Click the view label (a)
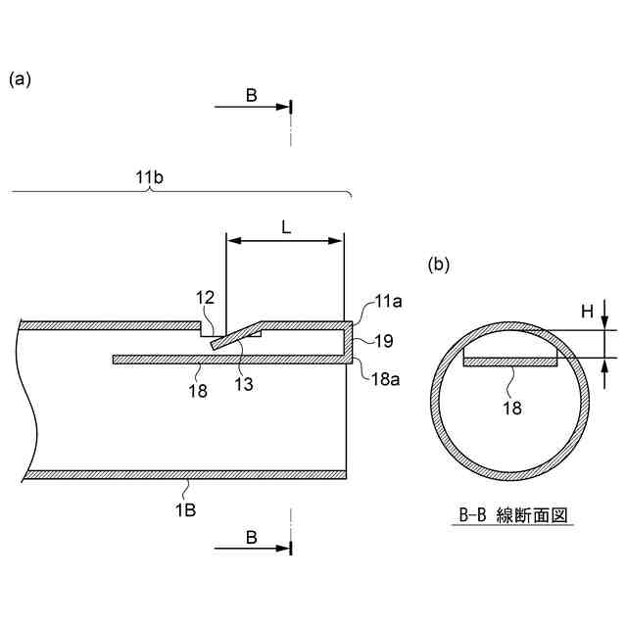pyautogui.click(x=21, y=80)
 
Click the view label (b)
pyautogui.click(x=440, y=264)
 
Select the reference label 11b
pyautogui.click(x=150, y=176)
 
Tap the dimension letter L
pyautogui.click(x=285, y=226)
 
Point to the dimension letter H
pyautogui.click(x=587, y=312)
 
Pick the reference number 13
pyautogui.click(x=244, y=384)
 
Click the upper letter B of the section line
pyautogui.click(x=252, y=95)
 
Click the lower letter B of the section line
pyautogui.click(x=252, y=538)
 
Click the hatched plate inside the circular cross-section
pyautogui.click(x=509, y=362)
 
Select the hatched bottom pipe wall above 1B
pyautogui.click(x=186, y=474)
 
